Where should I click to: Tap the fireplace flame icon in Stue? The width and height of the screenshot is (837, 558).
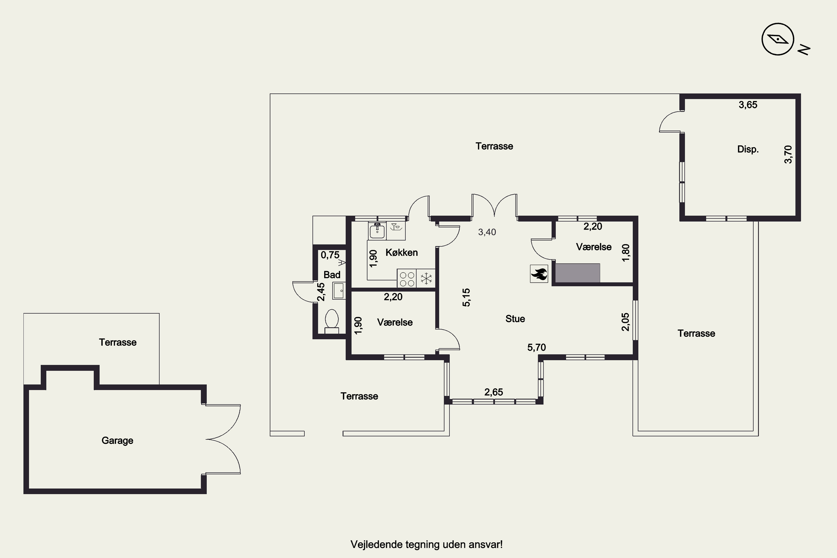(539, 274)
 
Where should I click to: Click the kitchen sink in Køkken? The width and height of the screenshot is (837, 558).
(377, 231)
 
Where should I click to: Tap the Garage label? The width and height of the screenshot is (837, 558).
(117, 441)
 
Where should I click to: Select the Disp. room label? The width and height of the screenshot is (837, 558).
(748, 149)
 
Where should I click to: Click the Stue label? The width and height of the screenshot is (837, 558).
(515, 319)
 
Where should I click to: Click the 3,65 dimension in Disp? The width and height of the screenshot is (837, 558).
(748, 105)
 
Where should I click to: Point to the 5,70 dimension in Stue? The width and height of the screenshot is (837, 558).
(536, 347)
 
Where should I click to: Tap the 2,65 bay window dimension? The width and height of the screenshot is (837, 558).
(494, 392)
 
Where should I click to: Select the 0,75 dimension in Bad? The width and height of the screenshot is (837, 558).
(330, 255)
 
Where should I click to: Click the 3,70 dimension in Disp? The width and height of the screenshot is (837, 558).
(788, 155)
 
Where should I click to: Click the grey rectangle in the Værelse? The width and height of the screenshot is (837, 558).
(578, 273)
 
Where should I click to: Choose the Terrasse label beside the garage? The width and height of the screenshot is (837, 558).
(117, 342)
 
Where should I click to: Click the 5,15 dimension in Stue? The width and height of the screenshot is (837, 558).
(466, 297)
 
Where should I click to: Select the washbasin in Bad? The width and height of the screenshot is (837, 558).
(338, 290)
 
